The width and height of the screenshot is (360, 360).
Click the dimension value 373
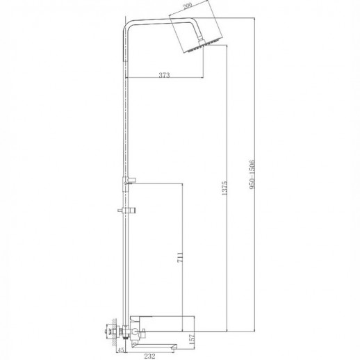point(164,75)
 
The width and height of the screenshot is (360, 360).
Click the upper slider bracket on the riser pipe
point(129,181)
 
